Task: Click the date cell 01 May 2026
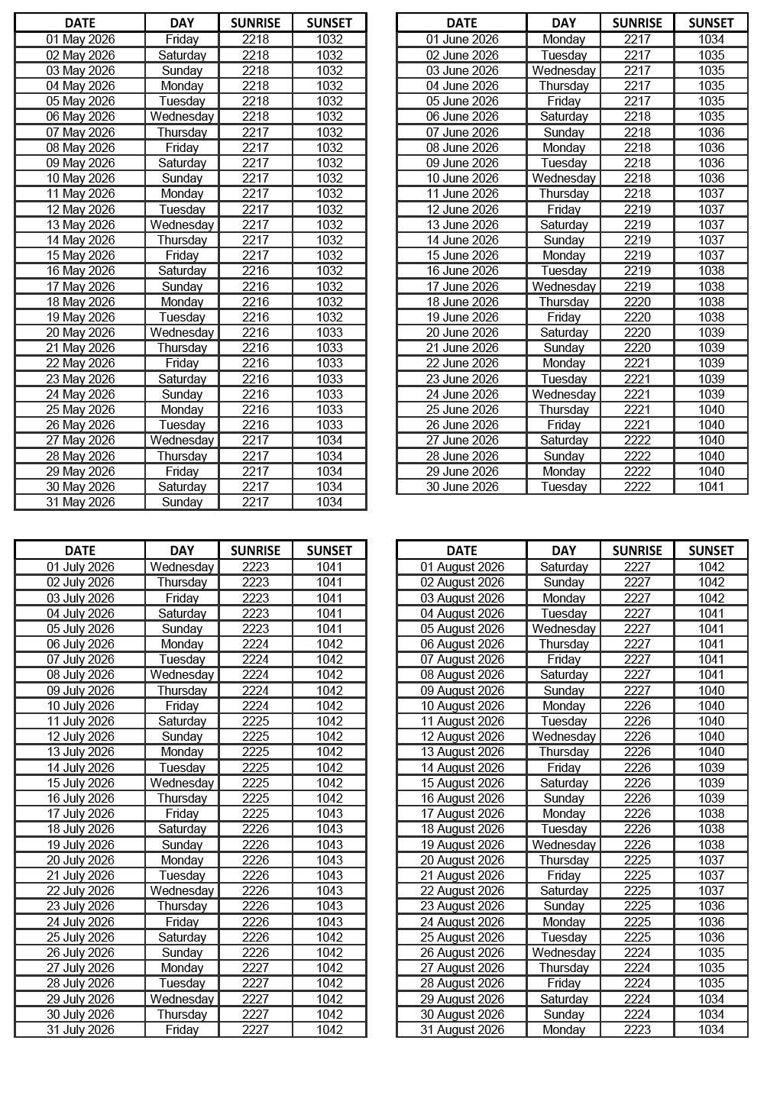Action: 80,39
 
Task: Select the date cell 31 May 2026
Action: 80,502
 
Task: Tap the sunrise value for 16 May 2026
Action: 255,270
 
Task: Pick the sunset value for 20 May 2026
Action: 329,332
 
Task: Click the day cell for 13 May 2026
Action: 182,225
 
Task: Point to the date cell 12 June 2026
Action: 462,209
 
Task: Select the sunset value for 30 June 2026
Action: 710,486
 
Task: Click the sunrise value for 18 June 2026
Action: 637,302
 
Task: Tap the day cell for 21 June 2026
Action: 564,347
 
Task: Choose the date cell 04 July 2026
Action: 80,613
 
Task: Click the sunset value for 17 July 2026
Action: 329,813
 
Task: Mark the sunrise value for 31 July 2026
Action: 255,1029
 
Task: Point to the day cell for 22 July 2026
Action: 182,890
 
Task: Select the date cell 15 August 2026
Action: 462,783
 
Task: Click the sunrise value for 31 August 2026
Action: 637,1029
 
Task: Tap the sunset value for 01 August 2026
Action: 710,567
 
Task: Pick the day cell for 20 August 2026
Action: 564,860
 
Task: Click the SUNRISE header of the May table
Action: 255,23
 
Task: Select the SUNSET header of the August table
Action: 710,551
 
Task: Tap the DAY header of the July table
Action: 182,551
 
